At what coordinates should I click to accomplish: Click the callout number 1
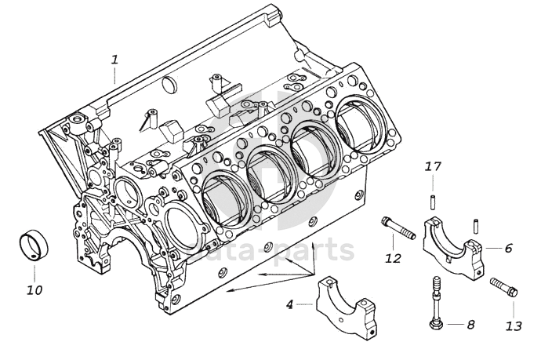click(x=115, y=60)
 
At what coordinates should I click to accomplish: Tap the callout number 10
click(x=34, y=290)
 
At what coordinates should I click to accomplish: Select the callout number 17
click(x=433, y=167)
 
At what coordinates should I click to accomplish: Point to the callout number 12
click(x=394, y=258)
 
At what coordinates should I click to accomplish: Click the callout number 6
click(x=509, y=248)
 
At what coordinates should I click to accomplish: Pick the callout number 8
click(x=470, y=325)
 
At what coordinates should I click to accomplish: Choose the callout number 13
click(x=514, y=325)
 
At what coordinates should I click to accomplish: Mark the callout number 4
click(x=290, y=304)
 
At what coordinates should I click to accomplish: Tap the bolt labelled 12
click(x=398, y=227)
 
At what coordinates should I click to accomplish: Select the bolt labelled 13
click(x=503, y=287)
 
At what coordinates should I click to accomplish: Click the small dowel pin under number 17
click(x=432, y=202)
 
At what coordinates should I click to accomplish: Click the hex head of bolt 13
click(x=512, y=292)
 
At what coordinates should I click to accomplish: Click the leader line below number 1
click(x=115, y=76)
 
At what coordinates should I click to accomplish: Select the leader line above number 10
click(x=34, y=275)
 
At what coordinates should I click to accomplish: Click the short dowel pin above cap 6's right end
click(x=476, y=224)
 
